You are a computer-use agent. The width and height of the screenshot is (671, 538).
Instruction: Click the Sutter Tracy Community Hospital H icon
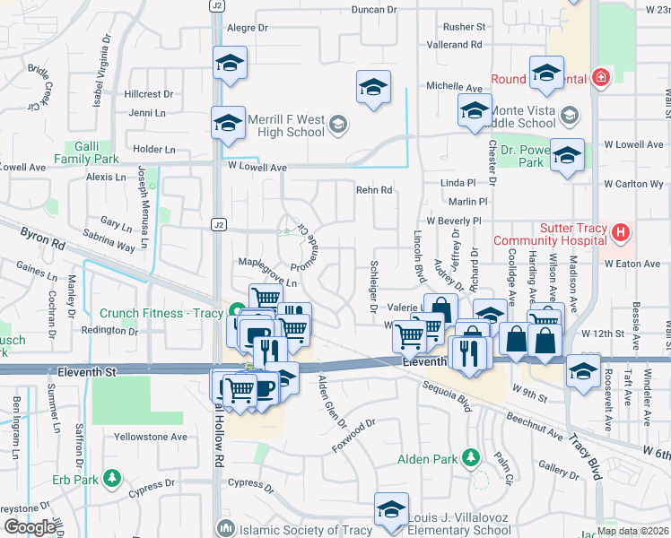tap(619, 234)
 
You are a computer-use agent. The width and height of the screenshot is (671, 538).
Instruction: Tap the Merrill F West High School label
tap(285, 126)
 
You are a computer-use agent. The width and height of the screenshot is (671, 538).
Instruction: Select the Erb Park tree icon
tap(111, 477)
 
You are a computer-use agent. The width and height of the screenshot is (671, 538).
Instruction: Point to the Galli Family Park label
tap(92, 152)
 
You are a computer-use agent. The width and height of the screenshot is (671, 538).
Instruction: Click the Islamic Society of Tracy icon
tap(224, 528)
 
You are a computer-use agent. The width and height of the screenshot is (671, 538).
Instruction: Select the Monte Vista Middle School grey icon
tap(571, 115)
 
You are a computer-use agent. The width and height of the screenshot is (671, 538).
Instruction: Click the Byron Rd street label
tap(41, 238)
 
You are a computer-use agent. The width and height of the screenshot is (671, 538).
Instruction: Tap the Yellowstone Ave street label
tap(150, 437)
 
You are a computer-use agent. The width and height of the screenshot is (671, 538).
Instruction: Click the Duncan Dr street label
tap(374, 10)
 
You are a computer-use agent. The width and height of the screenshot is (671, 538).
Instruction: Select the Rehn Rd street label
tap(374, 190)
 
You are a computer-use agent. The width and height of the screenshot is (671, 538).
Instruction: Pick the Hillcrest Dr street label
tap(149, 94)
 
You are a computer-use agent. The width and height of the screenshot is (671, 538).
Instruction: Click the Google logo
tap(30, 526)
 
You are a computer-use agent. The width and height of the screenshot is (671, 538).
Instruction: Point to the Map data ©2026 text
tap(632, 531)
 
